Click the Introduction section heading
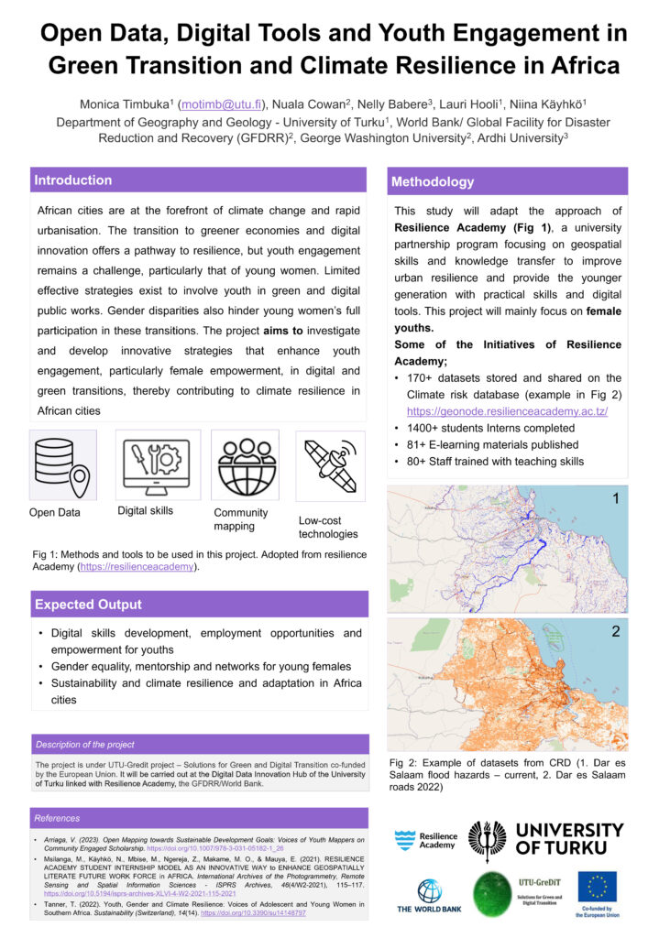coord(73,180)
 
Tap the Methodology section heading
coord(433,181)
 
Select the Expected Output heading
coord(88,605)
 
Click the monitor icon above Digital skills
coord(157,464)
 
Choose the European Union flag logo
coord(598,886)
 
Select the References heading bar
coord(57,818)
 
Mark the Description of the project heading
coord(85,744)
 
